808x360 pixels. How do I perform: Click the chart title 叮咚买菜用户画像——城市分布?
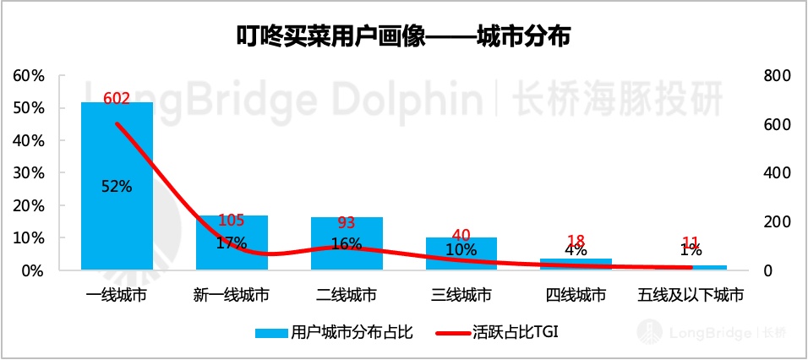click(x=403, y=36)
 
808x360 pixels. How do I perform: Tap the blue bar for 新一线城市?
click(x=232, y=254)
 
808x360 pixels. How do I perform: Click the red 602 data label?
click(x=117, y=99)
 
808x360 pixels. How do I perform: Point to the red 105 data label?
click(x=232, y=221)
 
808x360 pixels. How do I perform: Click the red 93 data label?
click(x=346, y=224)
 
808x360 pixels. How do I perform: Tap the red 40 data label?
click(x=461, y=235)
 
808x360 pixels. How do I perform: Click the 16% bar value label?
click(x=346, y=243)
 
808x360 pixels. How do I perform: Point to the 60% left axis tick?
click(x=29, y=76)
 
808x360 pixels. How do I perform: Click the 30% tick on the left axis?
click(x=29, y=173)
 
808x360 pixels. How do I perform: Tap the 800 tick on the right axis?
click(x=775, y=76)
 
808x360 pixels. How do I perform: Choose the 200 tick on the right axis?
click(x=775, y=222)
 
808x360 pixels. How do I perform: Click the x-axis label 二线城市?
click(x=346, y=295)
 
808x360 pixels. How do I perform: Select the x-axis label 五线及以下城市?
click(x=691, y=295)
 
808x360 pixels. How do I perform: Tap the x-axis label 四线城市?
click(x=576, y=295)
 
